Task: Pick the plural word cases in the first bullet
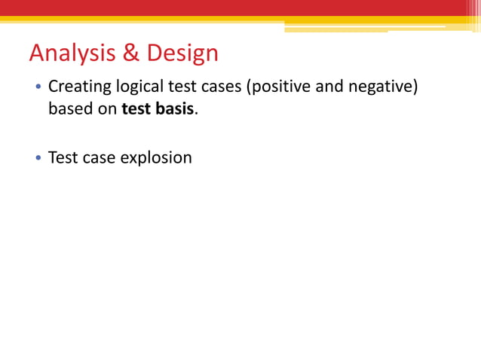click(218, 87)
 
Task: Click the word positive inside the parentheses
click(278, 87)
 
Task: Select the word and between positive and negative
click(328, 87)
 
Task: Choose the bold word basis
click(175, 109)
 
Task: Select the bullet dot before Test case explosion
click(38, 159)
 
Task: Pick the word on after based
click(106, 109)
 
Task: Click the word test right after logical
click(181, 87)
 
